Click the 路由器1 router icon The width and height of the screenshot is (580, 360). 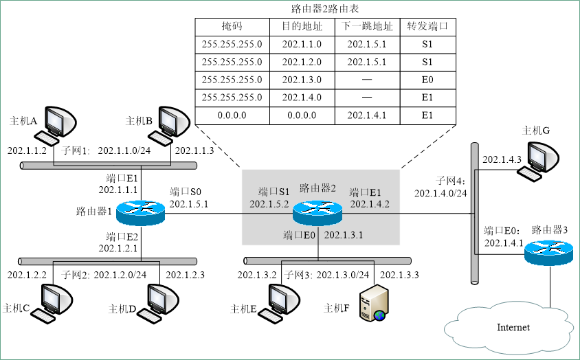pyautogui.click(x=142, y=212)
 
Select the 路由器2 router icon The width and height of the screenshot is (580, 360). pyautogui.click(x=317, y=213)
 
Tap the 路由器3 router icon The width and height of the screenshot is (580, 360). pyautogui.click(x=548, y=254)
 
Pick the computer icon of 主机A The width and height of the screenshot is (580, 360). pyautogui.click(x=56, y=124)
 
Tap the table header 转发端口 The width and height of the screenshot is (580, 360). pyautogui.click(x=427, y=27)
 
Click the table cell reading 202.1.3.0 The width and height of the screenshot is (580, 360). pyautogui.click(x=301, y=80)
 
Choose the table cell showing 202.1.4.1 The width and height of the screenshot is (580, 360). pyautogui.click(x=367, y=115)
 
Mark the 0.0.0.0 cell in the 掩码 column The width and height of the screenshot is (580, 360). pyautogui.click(x=232, y=115)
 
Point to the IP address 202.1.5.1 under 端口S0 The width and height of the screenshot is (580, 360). pyautogui.click(x=189, y=204)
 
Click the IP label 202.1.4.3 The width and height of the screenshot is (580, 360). pyautogui.click(x=502, y=159)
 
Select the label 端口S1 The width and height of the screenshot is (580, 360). pyautogui.click(x=274, y=192)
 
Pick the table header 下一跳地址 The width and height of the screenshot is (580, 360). pyautogui.click(x=367, y=27)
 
